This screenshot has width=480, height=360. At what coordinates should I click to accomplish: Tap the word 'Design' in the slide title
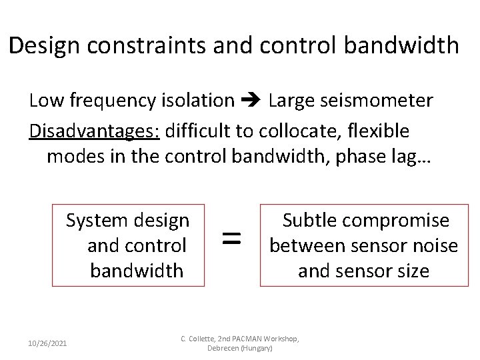click(x=44, y=45)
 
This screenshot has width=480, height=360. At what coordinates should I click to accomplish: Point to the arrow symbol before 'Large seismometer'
click(x=251, y=101)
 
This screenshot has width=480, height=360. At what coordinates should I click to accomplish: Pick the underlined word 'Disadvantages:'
click(x=94, y=131)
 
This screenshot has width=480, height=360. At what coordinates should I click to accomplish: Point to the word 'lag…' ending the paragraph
click(x=410, y=156)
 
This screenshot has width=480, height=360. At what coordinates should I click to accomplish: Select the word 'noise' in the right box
click(x=435, y=245)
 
